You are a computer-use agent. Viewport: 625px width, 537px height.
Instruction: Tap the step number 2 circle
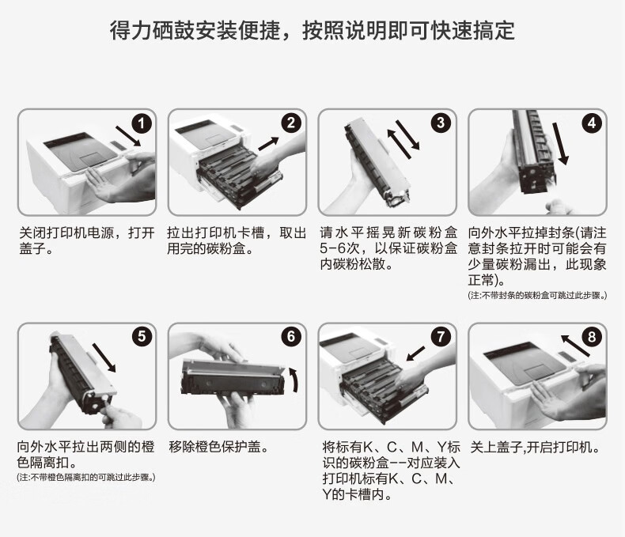[291, 123]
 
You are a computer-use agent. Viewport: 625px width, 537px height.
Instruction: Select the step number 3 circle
[441, 123]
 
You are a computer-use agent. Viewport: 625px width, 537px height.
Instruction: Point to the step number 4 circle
[591, 123]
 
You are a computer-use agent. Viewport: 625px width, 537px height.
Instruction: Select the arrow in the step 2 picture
[268, 142]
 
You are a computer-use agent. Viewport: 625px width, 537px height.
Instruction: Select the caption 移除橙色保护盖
[218, 447]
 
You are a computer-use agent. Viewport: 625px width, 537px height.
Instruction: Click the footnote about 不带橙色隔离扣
[86, 478]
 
